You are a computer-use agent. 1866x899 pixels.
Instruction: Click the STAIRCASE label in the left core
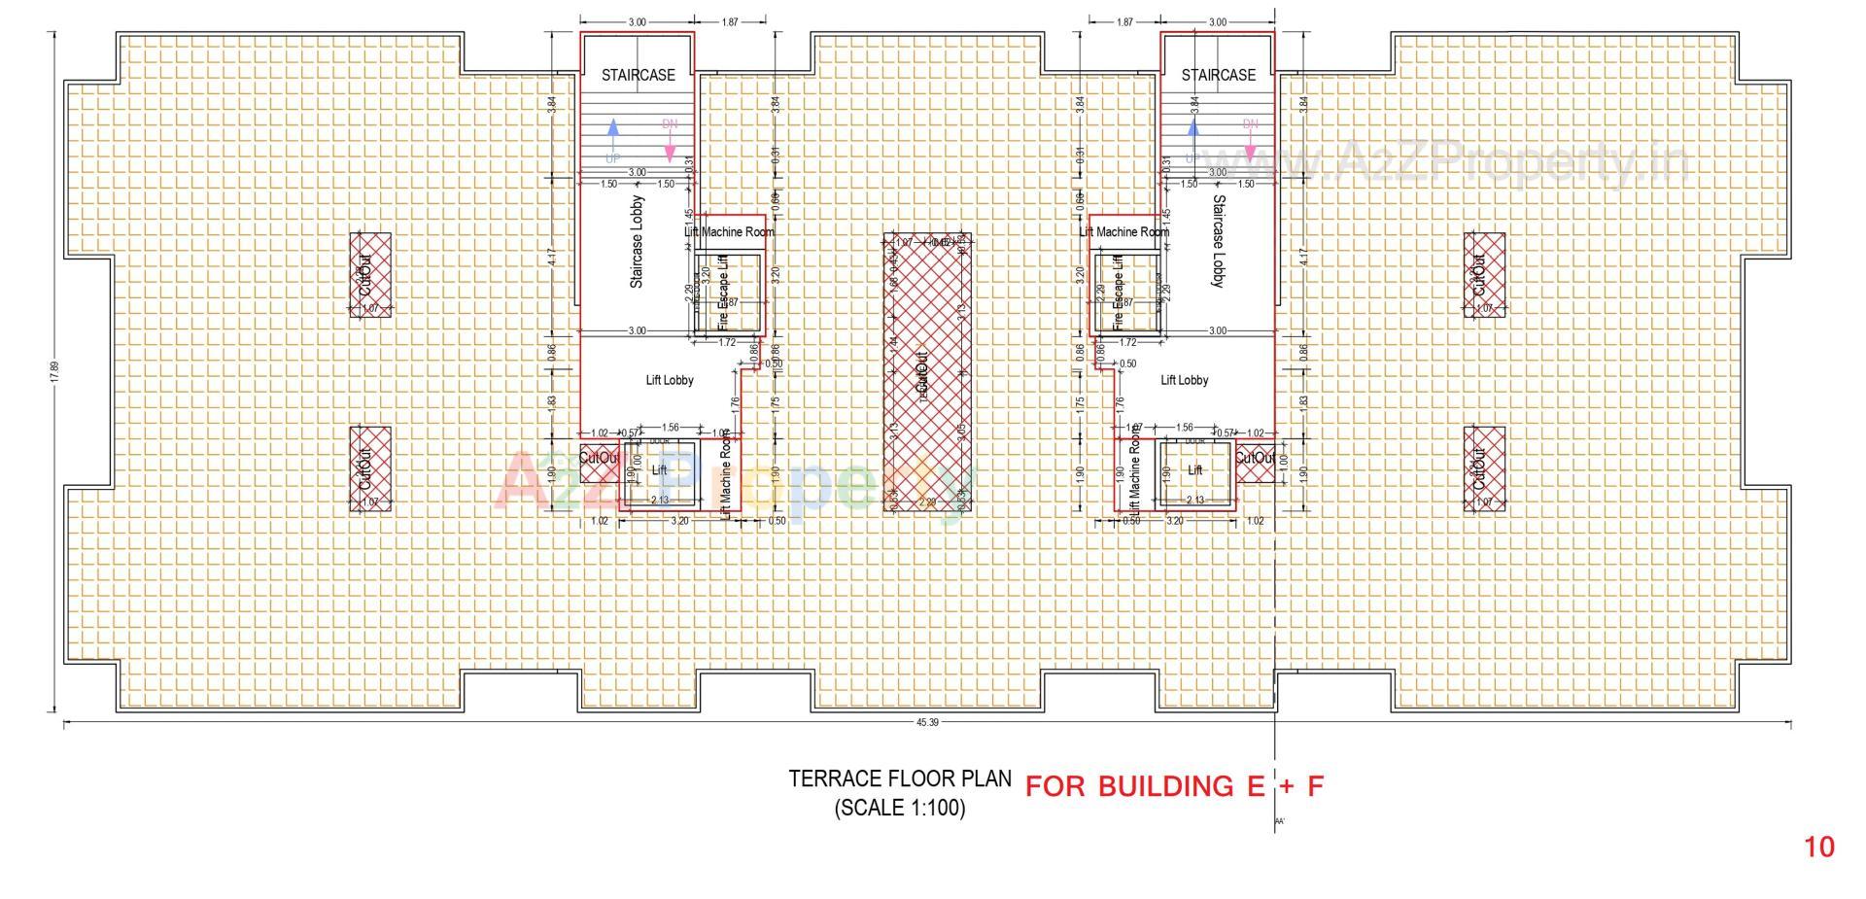coord(638,75)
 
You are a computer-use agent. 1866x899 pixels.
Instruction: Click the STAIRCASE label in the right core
coord(1218,75)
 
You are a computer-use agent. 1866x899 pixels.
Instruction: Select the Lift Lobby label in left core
coord(670,380)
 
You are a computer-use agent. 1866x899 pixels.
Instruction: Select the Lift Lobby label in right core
coord(1184,380)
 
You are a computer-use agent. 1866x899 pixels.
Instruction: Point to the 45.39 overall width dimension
coord(927,722)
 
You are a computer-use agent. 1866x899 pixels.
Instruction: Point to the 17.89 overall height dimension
coord(55,372)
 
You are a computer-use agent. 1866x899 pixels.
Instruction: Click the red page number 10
coord(1819,847)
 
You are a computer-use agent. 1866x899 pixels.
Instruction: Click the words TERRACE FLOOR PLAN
coord(899,779)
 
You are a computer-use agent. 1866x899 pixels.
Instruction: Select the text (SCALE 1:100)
coord(899,809)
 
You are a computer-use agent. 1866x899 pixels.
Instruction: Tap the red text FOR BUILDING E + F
coord(1174,786)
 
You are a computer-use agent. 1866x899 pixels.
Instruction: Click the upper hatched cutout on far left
coord(370,274)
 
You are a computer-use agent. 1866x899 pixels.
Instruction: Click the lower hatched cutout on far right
coord(1484,468)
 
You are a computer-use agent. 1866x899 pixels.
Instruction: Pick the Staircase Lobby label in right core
coord(1218,240)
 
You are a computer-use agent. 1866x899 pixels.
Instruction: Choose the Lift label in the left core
coord(659,470)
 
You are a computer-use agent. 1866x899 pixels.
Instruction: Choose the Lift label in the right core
coord(1195,470)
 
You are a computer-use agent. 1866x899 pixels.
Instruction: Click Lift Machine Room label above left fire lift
coord(729,232)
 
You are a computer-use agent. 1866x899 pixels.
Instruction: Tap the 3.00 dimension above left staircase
coord(637,21)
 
